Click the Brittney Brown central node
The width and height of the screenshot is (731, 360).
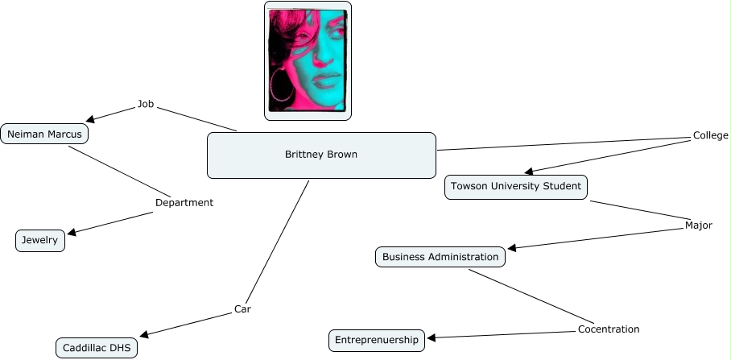(x=321, y=155)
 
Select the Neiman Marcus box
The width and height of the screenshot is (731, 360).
(x=44, y=134)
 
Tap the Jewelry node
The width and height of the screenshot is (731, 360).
(x=40, y=240)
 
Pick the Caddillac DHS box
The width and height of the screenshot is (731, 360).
(x=97, y=348)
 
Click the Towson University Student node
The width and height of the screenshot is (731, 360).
(x=516, y=187)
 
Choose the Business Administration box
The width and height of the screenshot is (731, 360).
(x=440, y=257)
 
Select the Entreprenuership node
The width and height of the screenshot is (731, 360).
(x=377, y=341)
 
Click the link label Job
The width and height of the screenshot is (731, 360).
(x=146, y=104)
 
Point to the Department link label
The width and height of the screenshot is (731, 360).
(x=184, y=203)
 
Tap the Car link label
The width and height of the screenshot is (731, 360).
(x=243, y=308)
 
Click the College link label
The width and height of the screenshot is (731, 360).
(x=710, y=135)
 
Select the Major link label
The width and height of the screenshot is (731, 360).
(x=698, y=226)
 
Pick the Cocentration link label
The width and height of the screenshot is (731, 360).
(x=609, y=329)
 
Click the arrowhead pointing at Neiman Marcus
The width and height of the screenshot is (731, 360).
(x=90, y=121)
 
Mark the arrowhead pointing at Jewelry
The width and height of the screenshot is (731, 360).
(x=72, y=233)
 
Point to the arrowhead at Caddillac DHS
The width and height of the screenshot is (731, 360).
(x=145, y=335)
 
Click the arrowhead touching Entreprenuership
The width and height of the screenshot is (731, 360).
(x=432, y=338)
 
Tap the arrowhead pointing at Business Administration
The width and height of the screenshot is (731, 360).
(x=513, y=248)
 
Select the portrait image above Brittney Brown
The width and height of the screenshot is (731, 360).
(x=308, y=60)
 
